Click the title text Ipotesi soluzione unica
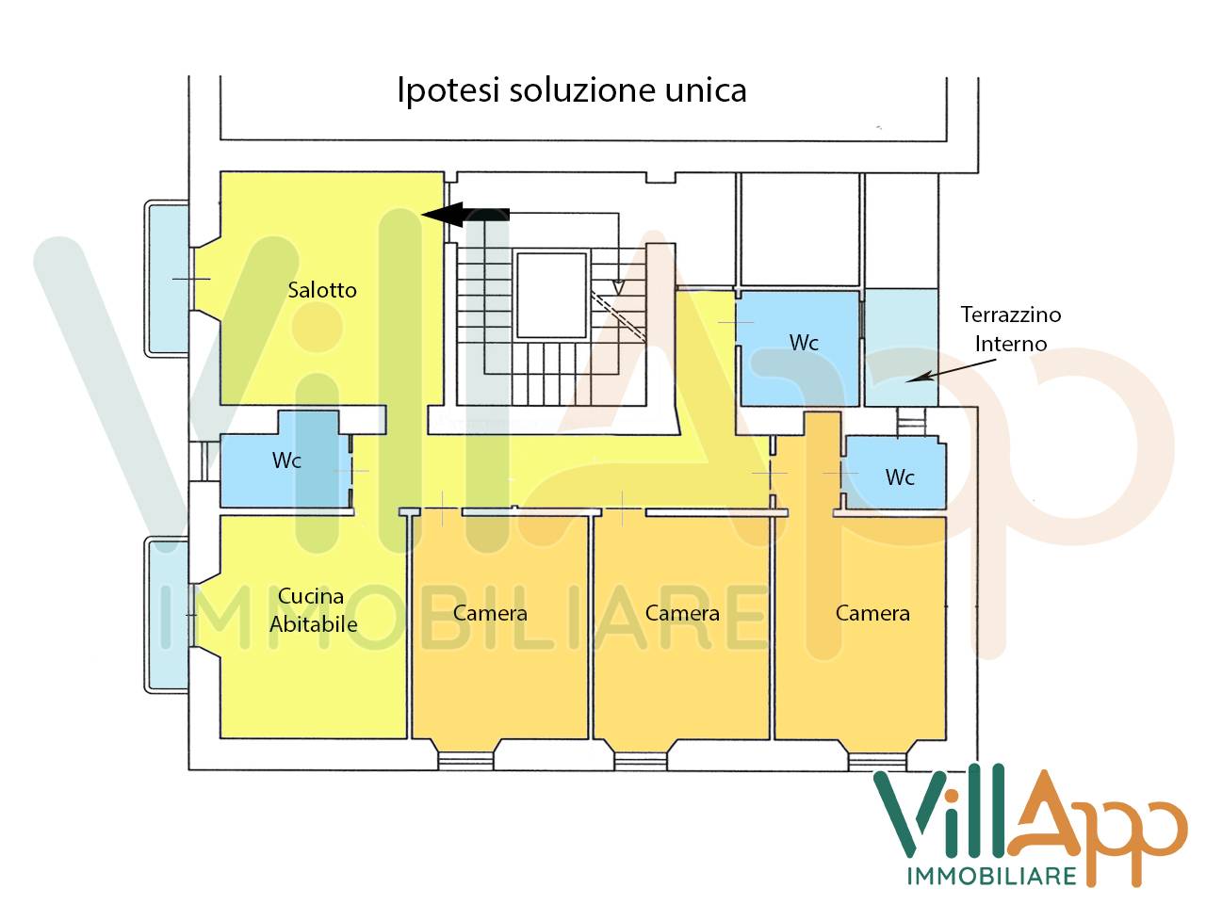point(571,91)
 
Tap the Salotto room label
point(322,290)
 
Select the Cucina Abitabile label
point(313,610)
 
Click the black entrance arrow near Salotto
point(465,215)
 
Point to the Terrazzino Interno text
point(1011,329)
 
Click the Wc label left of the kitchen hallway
point(286,460)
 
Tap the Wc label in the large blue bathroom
point(804,343)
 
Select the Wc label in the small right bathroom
point(900,477)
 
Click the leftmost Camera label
point(490,614)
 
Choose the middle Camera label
point(682,614)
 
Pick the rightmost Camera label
point(872,614)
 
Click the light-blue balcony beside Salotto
point(167,279)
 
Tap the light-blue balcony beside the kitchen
point(167,614)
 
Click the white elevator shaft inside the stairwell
point(552,294)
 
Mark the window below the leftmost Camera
point(466,758)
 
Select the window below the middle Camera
point(641,758)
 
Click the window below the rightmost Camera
point(876,758)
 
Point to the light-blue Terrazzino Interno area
point(901,347)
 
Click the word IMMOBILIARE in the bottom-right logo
point(991,876)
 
